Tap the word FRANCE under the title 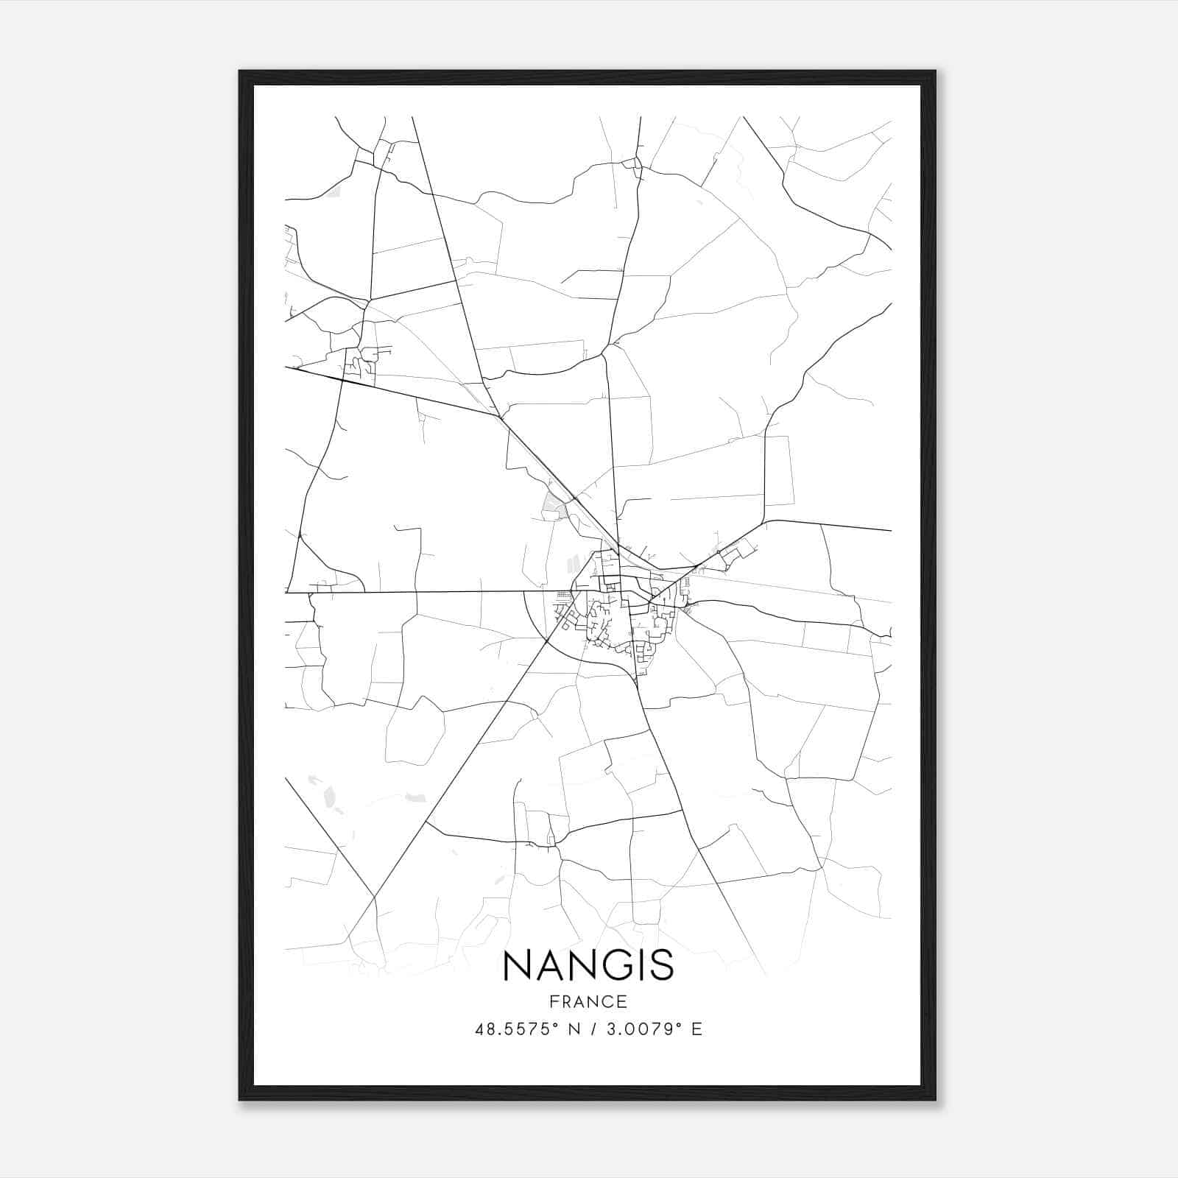point(588,1002)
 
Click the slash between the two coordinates point(589,1029)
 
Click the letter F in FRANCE point(554,1002)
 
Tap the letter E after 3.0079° point(696,1029)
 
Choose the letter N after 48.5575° point(570,1029)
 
